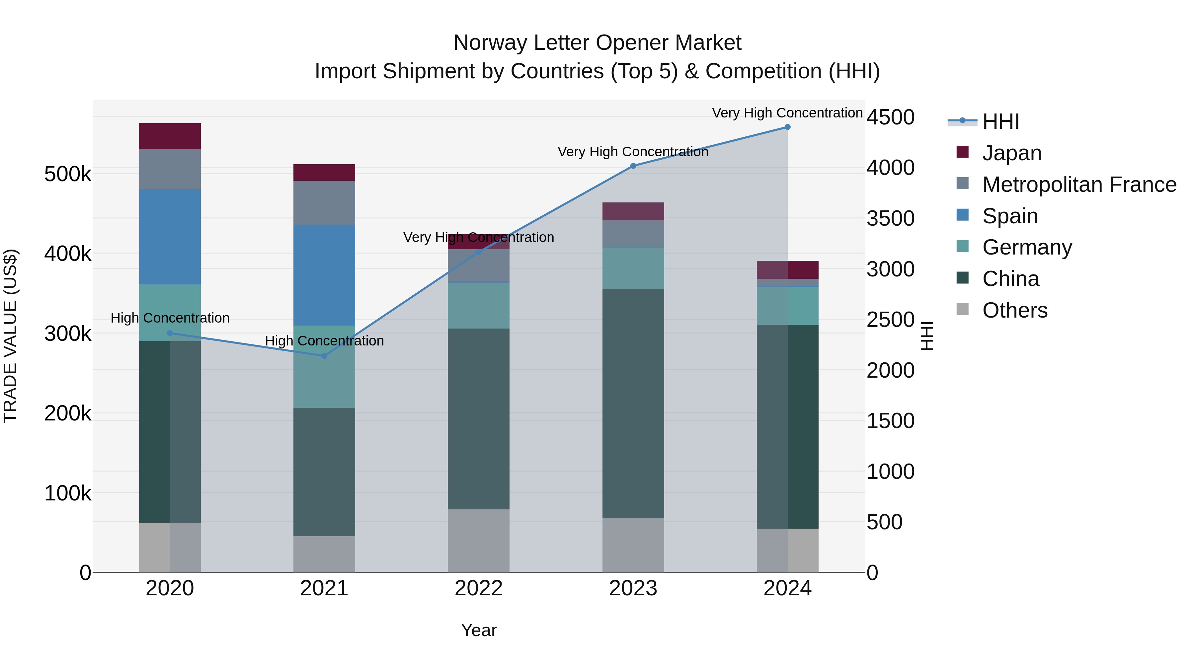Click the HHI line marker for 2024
pyautogui.click(x=787, y=127)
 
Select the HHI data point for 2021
pyautogui.click(x=324, y=356)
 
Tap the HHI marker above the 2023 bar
pyautogui.click(x=633, y=166)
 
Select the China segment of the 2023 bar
pyautogui.click(x=633, y=404)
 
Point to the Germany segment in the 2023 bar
pyautogui.click(x=633, y=268)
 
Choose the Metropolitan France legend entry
pyautogui.click(x=1079, y=185)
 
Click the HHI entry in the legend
pyautogui.click(x=1000, y=121)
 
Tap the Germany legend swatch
pyautogui.click(x=963, y=246)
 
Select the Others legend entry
pyautogui.click(x=1014, y=310)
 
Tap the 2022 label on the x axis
pyautogui.click(x=478, y=588)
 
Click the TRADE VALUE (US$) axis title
pyautogui.click(x=11, y=336)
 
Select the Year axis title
pyautogui.click(x=478, y=630)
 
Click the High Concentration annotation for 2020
pyautogui.click(x=170, y=318)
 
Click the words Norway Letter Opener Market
pyautogui.click(x=597, y=43)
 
